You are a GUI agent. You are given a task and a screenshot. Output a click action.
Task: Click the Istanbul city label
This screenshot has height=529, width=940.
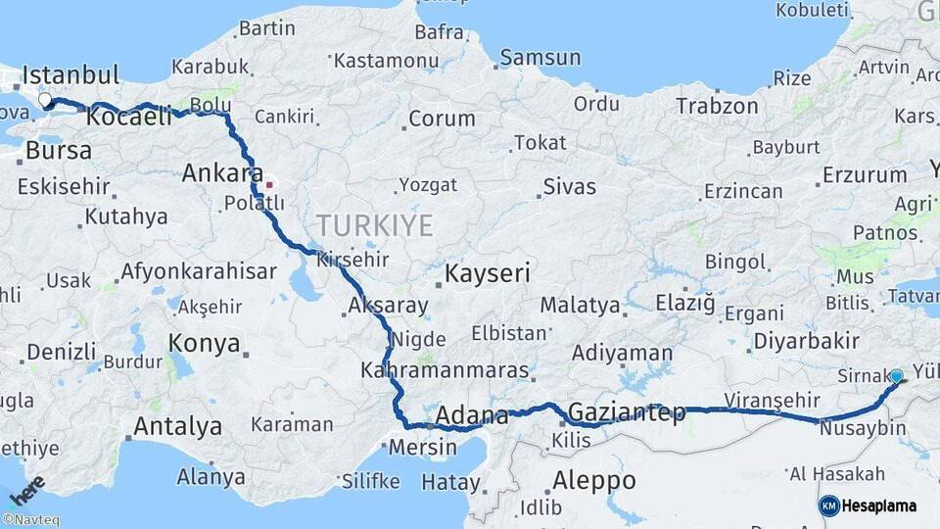(70, 75)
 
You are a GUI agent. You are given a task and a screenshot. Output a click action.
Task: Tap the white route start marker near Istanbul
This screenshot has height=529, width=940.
(45, 100)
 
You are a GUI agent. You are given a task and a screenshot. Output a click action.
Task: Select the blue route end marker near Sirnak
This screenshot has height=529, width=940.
(896, 376)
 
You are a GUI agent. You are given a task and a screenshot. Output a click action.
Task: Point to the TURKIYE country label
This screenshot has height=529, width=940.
(374, 226)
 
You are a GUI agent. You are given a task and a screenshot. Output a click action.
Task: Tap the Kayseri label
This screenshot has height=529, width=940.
(488, 273)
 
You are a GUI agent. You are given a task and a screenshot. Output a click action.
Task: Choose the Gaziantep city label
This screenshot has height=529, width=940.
(627, 412)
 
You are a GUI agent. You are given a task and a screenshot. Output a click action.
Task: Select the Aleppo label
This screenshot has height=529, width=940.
(593, 481)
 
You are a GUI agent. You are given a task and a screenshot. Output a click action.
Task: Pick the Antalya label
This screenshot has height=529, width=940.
(177, 427)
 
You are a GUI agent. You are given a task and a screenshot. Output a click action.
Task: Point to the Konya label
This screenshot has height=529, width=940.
(204, 343)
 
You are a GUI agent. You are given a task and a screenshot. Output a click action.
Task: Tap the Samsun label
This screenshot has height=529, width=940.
(540, 58)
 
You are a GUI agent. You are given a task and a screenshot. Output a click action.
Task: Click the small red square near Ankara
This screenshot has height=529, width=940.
(269, 184)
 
